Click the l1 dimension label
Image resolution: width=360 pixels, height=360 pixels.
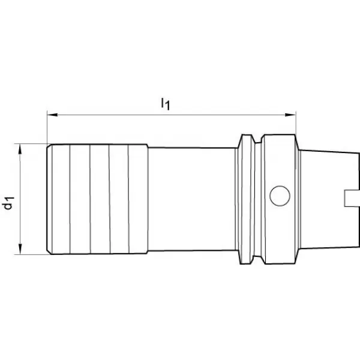(x=166, y=104)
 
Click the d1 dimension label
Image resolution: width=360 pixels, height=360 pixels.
(x=9, y=203)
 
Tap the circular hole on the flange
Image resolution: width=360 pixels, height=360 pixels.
(x=280, y=196)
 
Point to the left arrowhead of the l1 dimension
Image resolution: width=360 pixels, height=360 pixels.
(x=52, y=115)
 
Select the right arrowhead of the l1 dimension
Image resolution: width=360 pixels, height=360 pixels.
(x=290, y=115)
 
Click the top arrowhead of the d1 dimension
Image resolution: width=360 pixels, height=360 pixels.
(x=20, y=149)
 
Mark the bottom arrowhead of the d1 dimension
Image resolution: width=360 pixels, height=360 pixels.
(x=20, y=249)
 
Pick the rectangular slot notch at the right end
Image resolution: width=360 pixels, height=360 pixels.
(x=352, y=199)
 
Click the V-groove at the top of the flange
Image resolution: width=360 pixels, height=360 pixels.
(x=258, y=139)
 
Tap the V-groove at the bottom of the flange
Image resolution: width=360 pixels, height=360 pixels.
(x=258, y=259)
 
